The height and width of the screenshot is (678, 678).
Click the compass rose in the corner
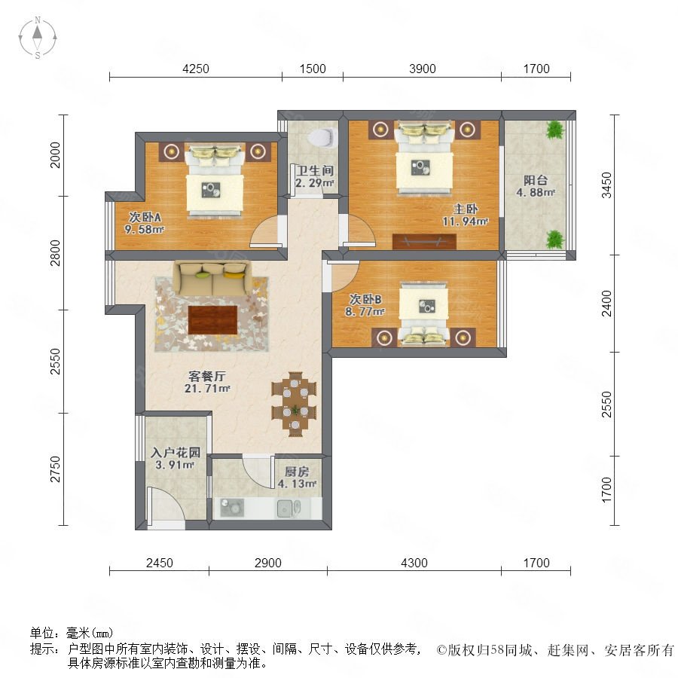[x=38, y=37]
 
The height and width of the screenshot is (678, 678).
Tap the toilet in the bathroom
[x=322, y=137]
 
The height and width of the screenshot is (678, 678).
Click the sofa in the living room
[x=212, y=278]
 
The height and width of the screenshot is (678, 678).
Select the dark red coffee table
[x=212, y=320]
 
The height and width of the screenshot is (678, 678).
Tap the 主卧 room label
[x=466, y=209]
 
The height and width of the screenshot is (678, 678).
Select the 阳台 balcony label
[x=536, y=180]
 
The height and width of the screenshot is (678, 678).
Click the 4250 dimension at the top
[x=195, y=69]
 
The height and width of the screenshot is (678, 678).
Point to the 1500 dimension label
[x=312, y=69]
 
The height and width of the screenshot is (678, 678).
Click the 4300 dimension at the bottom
[x=414, y=563]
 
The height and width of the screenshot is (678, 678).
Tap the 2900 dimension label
[x=267, y=563]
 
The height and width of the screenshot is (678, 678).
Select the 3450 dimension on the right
[x=606, y=185]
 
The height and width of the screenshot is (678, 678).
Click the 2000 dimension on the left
[x=55, y=154]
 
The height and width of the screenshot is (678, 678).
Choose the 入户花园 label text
[x=176, y=453]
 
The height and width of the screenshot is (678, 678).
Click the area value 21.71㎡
[x=207, y=388]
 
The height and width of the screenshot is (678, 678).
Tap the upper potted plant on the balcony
[x=554, y=130]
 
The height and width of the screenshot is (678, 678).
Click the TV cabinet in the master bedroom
[x=424, y=241]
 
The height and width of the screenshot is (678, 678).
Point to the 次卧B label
[x=365, y=299]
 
